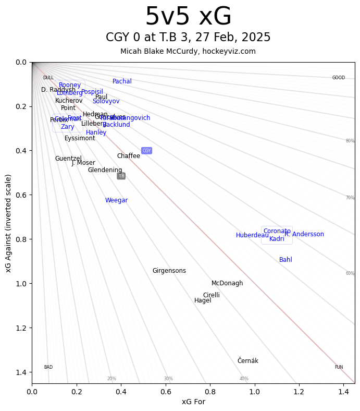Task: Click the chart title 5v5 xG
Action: (188, 17)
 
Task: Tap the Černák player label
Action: (247, 361)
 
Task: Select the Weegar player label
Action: (116, 200)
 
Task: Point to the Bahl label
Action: (285, 260)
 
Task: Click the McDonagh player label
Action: (227, 283)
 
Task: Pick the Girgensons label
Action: (169, 271)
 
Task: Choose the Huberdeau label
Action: (252, 235)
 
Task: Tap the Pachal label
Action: (122, 81)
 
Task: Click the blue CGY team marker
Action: (146, 151)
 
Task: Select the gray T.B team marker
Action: (121, 176)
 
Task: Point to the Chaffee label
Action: (128, 156)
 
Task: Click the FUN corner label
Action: (339, 367)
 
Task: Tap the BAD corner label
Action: (48, 367)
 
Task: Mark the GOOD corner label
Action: (339, 78)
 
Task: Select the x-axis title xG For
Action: (193, 401)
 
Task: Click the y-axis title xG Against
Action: (9, 223)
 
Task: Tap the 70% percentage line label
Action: (350, 198)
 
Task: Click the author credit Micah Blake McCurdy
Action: (188, 51)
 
